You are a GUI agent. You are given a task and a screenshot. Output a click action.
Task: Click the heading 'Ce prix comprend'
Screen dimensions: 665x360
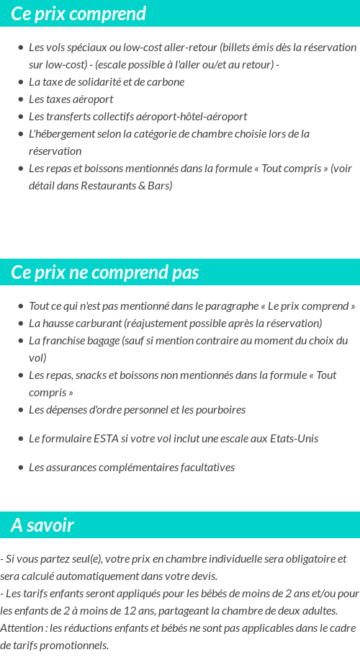click(x=78, y=14)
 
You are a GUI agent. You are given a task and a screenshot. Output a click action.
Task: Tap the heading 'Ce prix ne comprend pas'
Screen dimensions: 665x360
click(x=105, y=272)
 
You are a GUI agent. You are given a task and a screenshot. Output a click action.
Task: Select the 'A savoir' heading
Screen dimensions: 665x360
click(x=42, y=525)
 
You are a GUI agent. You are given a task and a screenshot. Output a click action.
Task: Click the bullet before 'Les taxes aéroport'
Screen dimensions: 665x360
click(x=21, y=99)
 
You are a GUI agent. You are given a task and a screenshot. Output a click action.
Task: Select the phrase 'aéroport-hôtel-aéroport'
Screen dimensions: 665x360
click(x=193, y=116)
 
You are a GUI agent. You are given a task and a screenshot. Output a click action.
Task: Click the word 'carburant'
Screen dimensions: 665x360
click(x=98, y=323)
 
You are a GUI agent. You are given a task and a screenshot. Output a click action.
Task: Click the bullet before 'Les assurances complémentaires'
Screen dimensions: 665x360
click(x=21, y=468)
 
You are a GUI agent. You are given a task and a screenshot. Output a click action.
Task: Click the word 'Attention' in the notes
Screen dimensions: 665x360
click(x=22, y=628)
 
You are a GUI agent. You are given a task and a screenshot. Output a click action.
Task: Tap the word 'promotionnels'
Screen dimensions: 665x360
click(x=74, y=645)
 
